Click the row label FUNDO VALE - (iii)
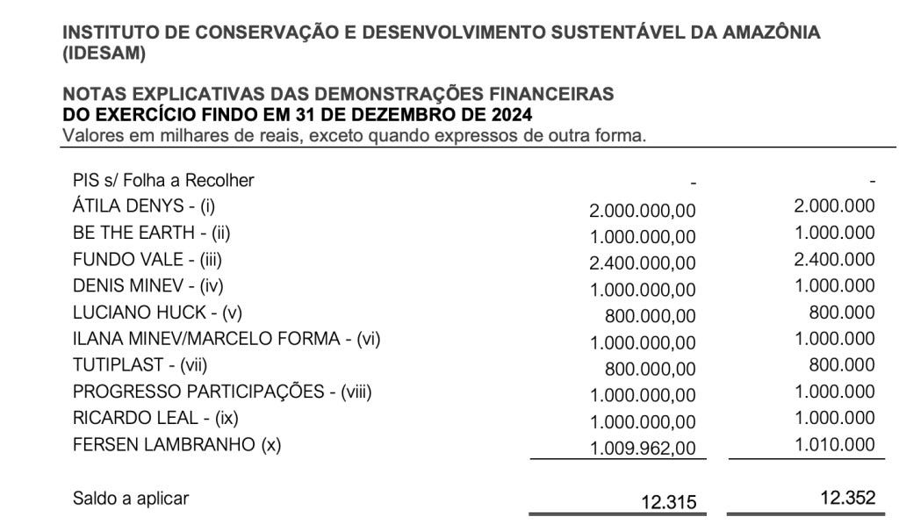coord(144,259)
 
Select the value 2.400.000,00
coord(643,262)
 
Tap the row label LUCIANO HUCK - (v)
coord(157,312)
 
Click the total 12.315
coord(669,501)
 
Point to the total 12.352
coord(847,498)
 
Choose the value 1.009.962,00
coord(643,449)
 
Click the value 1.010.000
coord(834,445)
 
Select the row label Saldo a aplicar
coord(131,499)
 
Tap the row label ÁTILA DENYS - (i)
coord(144,206)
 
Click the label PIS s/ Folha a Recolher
coord(163,180)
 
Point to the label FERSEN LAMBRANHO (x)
coord(176,444)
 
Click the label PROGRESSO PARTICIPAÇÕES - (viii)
coord(222,392)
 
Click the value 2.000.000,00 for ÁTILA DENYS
coord(643,210)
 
